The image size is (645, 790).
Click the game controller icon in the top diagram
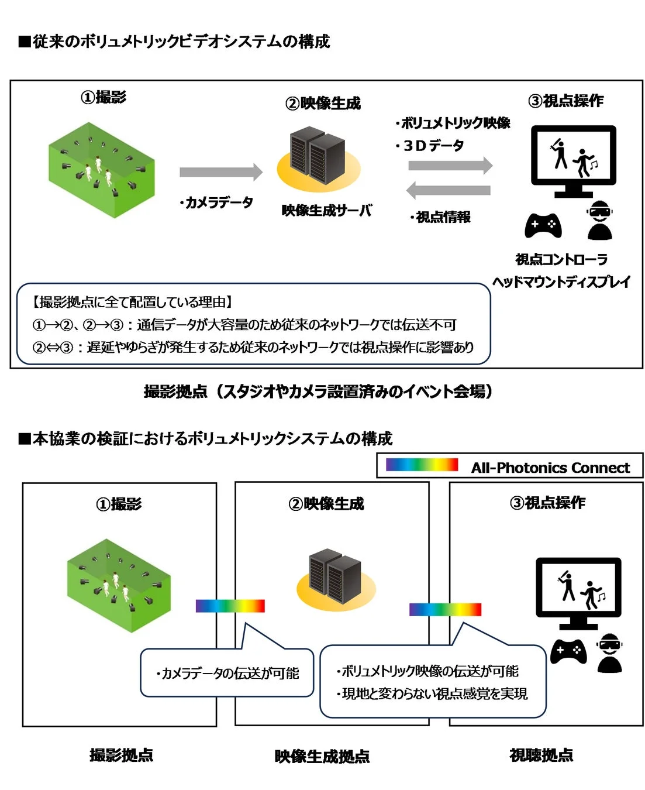[x=543, y=225]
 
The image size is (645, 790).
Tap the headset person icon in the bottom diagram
[x=609, y=653]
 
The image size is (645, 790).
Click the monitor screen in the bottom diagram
[x=578, y=586]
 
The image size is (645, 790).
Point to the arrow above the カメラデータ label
[x=220, y=172]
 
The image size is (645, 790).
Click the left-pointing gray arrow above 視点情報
[x=448, y=190]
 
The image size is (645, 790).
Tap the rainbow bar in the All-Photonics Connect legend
[x=422, y=465]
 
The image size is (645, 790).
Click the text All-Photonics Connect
[x=550, y=468]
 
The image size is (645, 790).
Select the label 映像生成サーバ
[x=326, y=211]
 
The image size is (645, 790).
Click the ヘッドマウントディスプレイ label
[x=561, y=282]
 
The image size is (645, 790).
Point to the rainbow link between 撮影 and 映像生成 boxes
[x=230, y=606]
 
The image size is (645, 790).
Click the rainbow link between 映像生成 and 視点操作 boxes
[x=445, y=609]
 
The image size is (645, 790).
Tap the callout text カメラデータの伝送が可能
[x=227, y=674]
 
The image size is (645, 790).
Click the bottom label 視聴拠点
[x=541, y=755]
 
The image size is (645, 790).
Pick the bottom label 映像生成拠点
[x=322, y=757]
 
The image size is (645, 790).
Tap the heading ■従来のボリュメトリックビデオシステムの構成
[x=174, y=42]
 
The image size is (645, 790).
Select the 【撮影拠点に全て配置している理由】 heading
[x=132, y=302]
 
